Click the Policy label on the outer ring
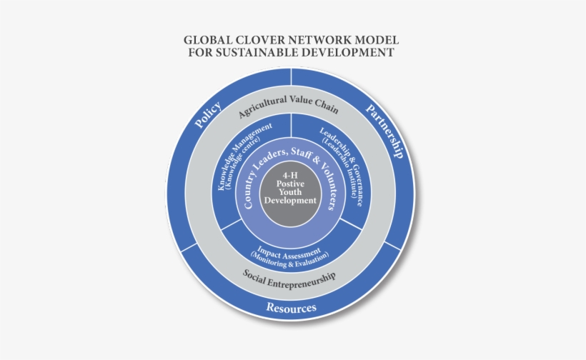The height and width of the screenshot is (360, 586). coord(208,114)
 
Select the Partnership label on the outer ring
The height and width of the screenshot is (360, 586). coord(385,131)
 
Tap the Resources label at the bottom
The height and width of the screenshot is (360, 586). coord(291,308)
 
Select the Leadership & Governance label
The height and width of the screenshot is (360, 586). coord(342,164)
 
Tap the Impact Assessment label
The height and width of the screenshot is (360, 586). coord(289,252)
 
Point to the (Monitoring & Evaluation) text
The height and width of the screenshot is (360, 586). coord(290,260)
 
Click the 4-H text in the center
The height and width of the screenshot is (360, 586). coord(290,175)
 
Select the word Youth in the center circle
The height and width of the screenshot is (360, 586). coord(290,192)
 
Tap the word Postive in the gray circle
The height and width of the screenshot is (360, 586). coord(290,184)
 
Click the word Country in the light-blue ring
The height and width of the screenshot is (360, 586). coord(250,189)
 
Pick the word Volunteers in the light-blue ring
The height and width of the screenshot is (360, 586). coord(329,186)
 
